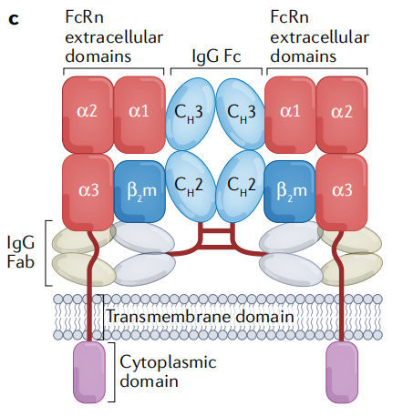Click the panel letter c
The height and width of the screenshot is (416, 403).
[x=14, y=16]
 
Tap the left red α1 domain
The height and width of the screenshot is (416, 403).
[x=138, y=112]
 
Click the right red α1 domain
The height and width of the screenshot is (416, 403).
[x=290, y=112]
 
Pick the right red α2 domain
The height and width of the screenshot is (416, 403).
[x=341, y=112]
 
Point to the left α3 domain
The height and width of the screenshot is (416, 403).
[x=86, y=190]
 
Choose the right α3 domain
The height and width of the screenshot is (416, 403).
[x=341, y=190]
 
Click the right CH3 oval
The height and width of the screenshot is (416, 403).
[x=239, y=112]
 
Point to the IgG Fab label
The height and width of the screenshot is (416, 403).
[x=23, y=254]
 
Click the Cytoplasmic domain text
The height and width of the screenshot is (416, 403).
[x=169, y=371]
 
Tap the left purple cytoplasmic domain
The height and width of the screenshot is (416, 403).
[x=89, y=370]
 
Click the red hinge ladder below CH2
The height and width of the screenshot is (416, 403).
[x=214, y=238]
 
